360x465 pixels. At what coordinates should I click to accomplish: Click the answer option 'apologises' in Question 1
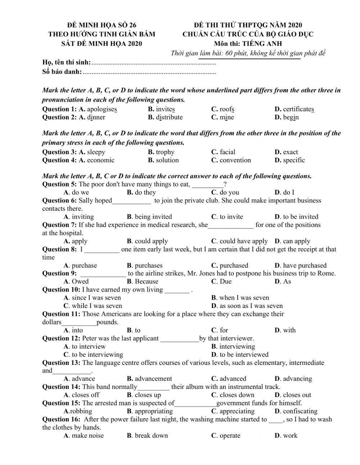coord(102,109)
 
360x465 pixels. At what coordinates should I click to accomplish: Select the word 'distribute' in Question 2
coord(169,117)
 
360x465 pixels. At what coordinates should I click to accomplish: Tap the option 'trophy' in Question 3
coord(165,152)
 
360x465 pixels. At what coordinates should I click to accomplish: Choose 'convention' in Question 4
coord(235,160)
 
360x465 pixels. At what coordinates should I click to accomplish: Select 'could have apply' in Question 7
coord(243,241)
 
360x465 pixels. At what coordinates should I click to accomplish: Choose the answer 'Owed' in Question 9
coord(80,282)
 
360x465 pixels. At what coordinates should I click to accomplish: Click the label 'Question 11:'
coord(61,314)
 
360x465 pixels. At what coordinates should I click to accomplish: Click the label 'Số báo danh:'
coord(62,72)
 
